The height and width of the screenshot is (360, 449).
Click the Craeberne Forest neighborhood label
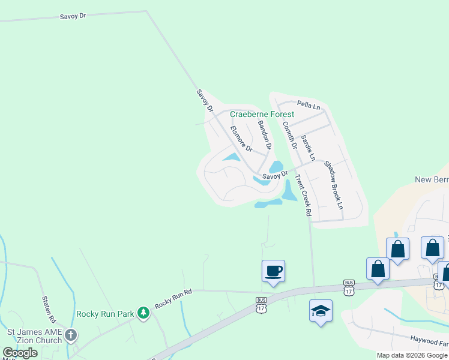pos(262,114)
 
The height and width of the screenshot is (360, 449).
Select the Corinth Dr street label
pos(290,135)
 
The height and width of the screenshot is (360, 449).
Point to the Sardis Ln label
pos(308,148)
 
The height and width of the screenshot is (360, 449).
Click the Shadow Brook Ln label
pos(334,184)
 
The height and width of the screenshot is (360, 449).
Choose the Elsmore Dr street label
pos(242,137)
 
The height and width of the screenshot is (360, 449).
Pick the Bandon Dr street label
pos(265,134)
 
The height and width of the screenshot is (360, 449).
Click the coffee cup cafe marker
pos(273,271)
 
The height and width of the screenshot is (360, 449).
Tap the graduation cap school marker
pos(321,311)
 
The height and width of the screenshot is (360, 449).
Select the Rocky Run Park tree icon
pos(143,313)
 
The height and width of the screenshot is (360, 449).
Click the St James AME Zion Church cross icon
pos(71,335)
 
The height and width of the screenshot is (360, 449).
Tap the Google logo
pos(20,353)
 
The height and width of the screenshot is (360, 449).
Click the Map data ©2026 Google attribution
pos(412,355)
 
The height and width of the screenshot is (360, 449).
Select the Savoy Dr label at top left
pos(73,16)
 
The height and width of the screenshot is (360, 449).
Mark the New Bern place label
pos(432,180)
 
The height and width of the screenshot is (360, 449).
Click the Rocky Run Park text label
pos(105,313)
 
